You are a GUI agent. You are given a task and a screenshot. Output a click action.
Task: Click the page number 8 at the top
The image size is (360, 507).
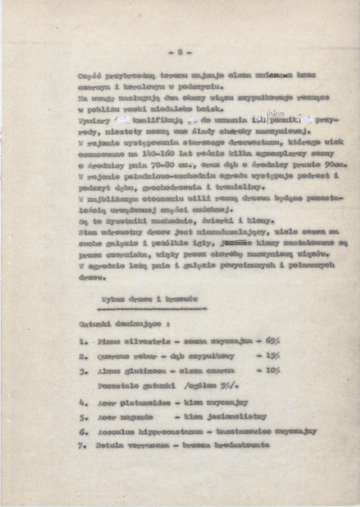click(180, 53)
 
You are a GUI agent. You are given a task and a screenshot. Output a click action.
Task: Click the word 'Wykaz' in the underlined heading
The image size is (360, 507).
click(111, 299)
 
